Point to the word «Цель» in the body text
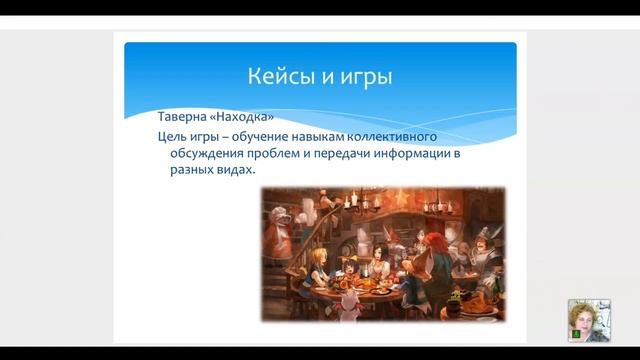point(173,135)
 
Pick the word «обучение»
point(264,135)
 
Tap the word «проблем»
point(275,153)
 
